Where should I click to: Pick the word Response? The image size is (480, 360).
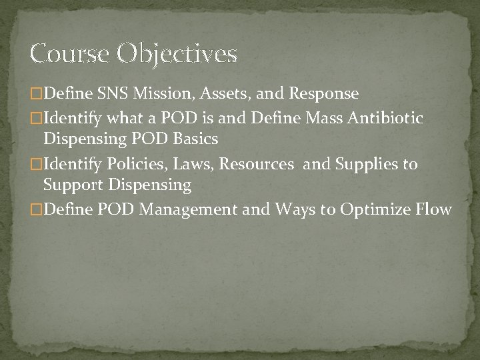pos(323,93)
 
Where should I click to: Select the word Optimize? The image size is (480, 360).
pos(375,211)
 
